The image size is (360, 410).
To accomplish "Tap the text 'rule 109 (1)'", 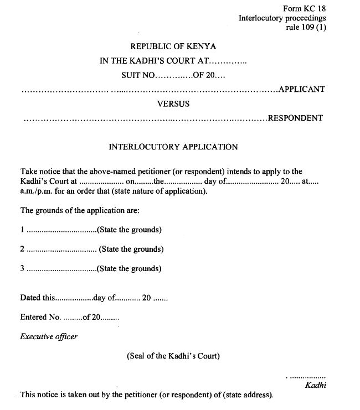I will click(x=306, y=27).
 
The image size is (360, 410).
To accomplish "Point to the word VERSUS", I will click(x=173, y=103).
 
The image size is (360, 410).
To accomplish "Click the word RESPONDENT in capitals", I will click(x=295, y=118).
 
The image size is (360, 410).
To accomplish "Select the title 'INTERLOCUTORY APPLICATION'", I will click(x=173, y=147).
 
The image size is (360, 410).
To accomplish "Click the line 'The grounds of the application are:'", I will click(x=80, y=211).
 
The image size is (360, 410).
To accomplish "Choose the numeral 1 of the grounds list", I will click(x=22, y=230).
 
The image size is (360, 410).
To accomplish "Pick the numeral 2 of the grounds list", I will click(x=22, y=249).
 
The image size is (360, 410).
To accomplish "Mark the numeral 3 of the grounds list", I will click(x=22, y=269).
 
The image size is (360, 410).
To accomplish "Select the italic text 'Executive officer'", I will click(x=49, y=336).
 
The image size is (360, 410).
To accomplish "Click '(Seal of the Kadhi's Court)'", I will click(x=173, y=356).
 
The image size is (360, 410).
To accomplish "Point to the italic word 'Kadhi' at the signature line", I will click(x=316, y=385).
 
